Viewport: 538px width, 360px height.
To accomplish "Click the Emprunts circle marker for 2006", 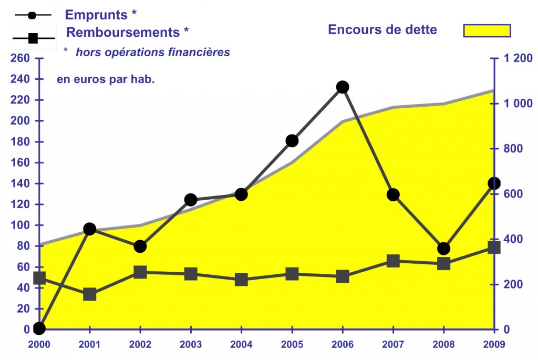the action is (343, 87).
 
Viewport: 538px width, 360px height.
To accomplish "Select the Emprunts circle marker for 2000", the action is (39, 328).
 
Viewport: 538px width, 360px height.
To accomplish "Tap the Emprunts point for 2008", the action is (443, 249).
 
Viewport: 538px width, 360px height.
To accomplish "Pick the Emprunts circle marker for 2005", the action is (292, 141).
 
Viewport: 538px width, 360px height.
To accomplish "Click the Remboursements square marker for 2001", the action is (89, 294).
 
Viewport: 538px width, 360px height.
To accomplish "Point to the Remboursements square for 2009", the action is (494, 247).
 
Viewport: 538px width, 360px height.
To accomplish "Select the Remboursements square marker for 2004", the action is (242, 280).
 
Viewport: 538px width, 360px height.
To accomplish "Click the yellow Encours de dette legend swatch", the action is (487, 30).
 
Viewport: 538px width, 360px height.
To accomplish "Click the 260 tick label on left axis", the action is (20, 58).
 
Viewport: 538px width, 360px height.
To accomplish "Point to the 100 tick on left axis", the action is (20, 225).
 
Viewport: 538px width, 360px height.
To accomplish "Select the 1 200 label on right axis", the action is (518, 58).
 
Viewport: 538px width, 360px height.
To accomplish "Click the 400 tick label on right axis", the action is (513, 239).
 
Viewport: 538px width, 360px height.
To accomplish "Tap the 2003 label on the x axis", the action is (191, 344).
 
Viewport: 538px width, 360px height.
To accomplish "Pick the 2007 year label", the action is (393, 344).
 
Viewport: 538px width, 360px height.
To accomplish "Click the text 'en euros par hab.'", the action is (106, 79).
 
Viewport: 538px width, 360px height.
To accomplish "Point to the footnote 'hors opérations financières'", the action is (153, 52).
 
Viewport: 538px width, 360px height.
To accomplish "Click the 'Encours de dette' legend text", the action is (382, 30).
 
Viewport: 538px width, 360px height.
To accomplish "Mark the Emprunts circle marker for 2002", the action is (140, 246).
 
